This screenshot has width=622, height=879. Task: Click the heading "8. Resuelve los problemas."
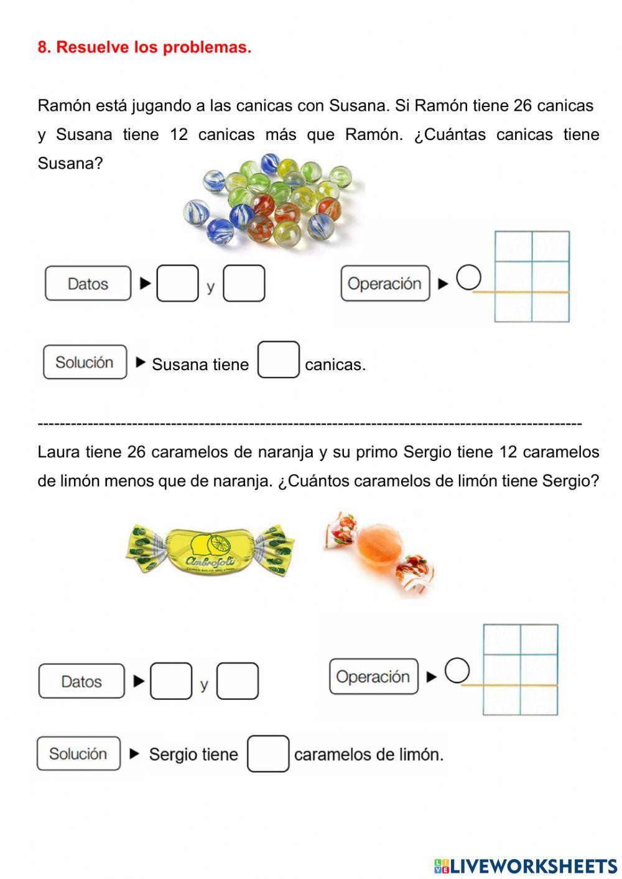tap(144, 47)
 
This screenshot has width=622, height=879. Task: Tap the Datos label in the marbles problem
tap(88, 284)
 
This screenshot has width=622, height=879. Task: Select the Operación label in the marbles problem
tap(385, 284)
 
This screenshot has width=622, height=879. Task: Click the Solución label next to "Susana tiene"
tap(85, 362)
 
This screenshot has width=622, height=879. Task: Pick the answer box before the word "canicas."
tap(278, 360)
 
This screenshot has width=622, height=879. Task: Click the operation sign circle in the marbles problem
tap(468, 278)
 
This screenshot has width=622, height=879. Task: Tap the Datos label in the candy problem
tap(81, 681)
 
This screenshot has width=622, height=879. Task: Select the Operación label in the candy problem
tap(373, 677)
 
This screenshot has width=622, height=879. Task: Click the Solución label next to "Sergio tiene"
tap(78, 754)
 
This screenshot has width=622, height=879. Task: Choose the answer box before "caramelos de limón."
tap(268, 754)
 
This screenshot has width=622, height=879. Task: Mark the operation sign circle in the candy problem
tap(457, 671)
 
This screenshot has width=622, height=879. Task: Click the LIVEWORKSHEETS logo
tap(526, 866)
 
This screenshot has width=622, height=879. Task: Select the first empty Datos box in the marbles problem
tap(177, 284)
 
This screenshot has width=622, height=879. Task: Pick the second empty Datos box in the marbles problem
tap(244, 284)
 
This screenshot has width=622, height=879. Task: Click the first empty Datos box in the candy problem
tap(171, 681)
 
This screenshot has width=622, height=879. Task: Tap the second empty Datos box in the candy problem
tap(238, 681)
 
